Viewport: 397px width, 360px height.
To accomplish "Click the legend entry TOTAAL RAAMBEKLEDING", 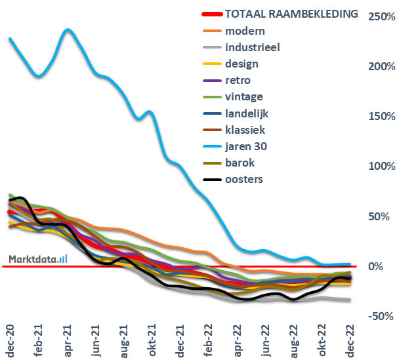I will (x=291, y=14).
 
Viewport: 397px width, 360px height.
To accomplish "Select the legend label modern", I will (x=245, y=31).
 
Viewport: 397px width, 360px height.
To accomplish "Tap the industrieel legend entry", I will (x=253, y=47).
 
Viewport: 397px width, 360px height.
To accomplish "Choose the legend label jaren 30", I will (x=248, y=146).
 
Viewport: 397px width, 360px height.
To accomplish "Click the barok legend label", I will (x=241, y=162).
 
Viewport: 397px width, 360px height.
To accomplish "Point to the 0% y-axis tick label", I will (x=375, y=266).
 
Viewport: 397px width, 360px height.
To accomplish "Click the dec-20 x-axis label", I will (x=10, y=338).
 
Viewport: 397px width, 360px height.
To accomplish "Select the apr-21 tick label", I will (x=68, y=338).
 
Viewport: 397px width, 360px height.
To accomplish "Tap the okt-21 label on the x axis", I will (x=151, y=338).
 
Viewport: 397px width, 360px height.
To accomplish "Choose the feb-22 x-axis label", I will (x=209, y=338).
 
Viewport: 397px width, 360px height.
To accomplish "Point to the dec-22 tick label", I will (x=349, y=338).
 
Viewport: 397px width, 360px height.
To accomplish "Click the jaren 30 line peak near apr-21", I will (x=68, y=30).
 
